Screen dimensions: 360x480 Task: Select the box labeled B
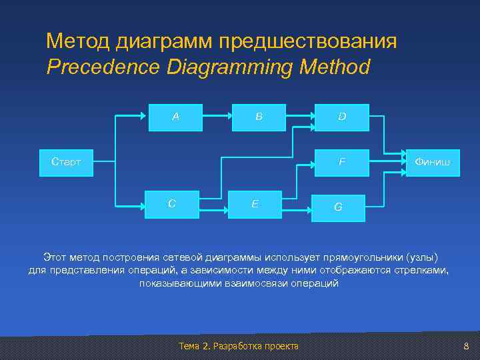259,117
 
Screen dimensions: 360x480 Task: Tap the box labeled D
341,117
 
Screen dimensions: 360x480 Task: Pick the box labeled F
341,161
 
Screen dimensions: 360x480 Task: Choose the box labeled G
338,207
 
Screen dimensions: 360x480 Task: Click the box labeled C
172,204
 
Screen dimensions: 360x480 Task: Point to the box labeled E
255,204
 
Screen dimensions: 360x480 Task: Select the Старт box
67,161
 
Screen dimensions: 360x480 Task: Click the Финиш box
432,161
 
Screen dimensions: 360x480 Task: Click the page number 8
466,346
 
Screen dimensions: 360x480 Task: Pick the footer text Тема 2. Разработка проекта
239,346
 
